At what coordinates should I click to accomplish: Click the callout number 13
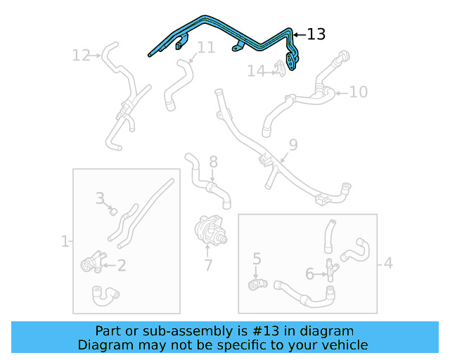[x=316, y=34]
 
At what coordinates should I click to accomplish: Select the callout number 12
[x=82, y=54]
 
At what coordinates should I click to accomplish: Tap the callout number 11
[x=205, y=48]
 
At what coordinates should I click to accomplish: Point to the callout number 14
[x=256, y=70]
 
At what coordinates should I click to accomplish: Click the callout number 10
[x=358, y=91]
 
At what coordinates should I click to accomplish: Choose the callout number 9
[x=293, y=145]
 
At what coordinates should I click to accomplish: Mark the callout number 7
[x=208, y=265]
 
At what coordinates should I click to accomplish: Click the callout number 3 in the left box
[x=101, y=198]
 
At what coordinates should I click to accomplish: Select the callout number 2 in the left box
[x=121, y=265]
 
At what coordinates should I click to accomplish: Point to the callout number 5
[x=257, y=259]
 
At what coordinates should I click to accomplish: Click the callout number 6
[x=309, y=274]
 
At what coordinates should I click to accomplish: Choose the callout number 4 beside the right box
[x=388, y=264]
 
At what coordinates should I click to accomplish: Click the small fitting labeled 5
[x=257, y=283]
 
